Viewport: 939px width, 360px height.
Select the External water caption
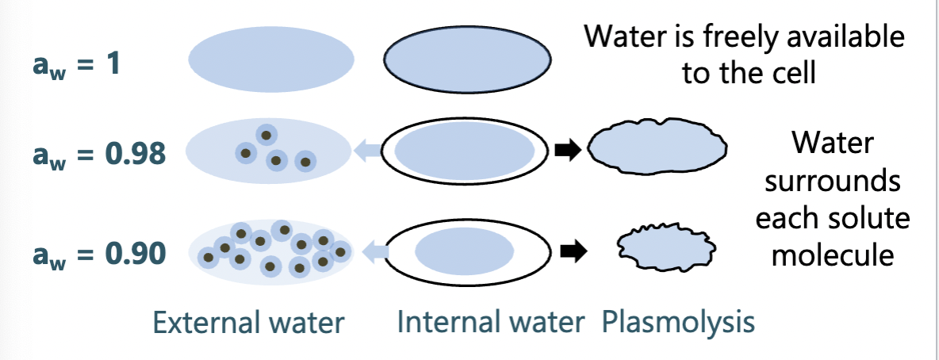pos(249,323)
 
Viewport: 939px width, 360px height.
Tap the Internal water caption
pos(491,323)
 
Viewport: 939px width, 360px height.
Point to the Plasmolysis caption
pos(678,323)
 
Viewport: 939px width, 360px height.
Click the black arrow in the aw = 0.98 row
pos(569,150)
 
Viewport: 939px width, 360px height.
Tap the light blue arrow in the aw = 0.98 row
pos(366,150)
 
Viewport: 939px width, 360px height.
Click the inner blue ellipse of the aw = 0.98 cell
pos(464,151)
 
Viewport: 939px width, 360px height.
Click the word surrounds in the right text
pos(833,182)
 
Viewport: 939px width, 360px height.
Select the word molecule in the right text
pos(833,255)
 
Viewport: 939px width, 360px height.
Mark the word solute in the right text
pos(872,218)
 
